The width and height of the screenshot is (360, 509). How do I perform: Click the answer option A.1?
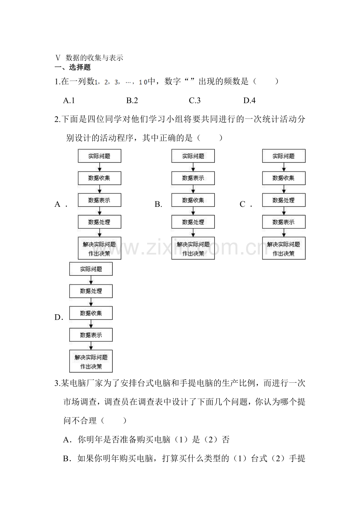(x=69, y=100)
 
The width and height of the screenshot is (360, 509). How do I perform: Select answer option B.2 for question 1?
(x=132, y=100)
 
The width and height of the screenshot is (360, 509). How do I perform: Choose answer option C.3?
(x=194, y=100)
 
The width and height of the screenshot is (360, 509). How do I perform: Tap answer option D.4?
(x=249, y=100)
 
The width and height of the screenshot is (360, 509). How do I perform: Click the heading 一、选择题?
(x=72, y=67)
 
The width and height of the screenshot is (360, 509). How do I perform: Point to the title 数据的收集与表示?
(x=94, y=58)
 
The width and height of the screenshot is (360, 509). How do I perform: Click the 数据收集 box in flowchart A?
(x=99, y=178)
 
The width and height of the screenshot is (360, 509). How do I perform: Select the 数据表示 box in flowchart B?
(x=193, y=178)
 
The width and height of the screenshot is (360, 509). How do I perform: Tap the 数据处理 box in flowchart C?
(x=284, y=200)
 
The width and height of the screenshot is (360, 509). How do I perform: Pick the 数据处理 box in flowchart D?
(x=91, y=291)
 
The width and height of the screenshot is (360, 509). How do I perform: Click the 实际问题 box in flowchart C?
(x=284, y=156)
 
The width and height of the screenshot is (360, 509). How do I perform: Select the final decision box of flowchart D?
(x=91, y=361)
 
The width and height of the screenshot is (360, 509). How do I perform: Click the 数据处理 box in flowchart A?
(x=99, y=222)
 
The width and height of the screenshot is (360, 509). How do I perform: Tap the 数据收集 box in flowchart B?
(x=193, y=200)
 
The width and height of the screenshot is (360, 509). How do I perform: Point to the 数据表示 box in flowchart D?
(x=91, y=335)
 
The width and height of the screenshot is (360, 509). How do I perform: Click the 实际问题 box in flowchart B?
(x=193, y=156)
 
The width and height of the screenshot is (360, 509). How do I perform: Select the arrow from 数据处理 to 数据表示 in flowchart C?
(x=284, y=211)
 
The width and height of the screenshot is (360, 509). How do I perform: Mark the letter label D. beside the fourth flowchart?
(x=59, y=317)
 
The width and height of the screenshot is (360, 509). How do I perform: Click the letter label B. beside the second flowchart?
(x=158, y=204)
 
